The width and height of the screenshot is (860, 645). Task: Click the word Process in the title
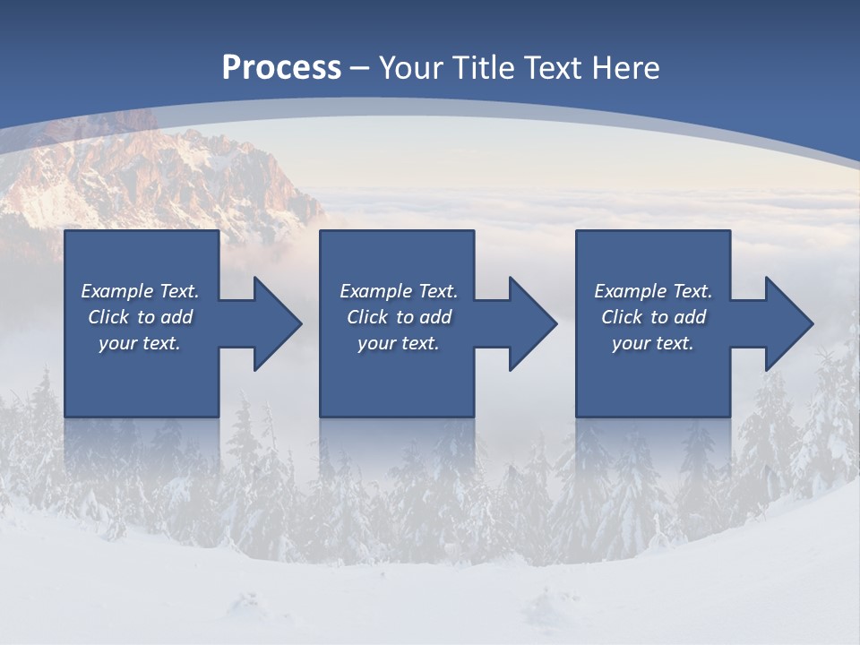281,68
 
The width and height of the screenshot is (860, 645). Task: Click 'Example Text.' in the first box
140,291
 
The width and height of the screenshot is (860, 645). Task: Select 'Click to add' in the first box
140,317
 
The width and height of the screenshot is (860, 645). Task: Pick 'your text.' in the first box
140,343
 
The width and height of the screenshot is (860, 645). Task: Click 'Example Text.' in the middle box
398,291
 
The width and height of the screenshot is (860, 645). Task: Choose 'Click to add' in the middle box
398,317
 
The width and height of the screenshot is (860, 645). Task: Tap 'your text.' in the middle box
398,343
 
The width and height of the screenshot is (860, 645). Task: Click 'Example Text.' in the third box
653,291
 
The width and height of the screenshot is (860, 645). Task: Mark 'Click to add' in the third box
653,317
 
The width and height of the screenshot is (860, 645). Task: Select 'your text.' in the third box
653,343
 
